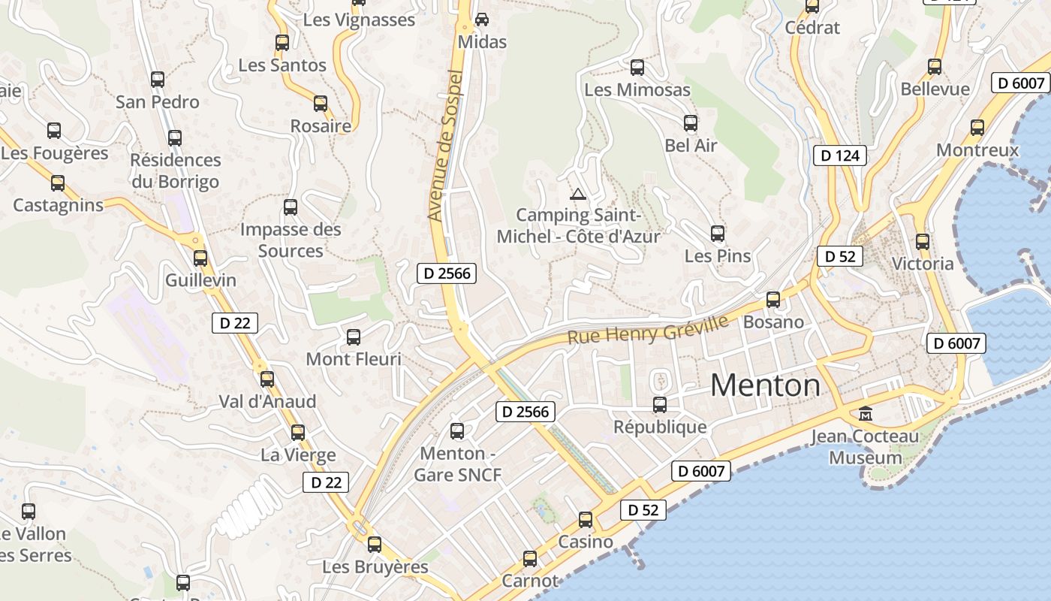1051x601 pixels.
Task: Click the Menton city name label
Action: point(765,385)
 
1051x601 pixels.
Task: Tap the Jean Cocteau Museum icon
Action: point(866,414)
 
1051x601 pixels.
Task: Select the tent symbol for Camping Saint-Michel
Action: point(577,195)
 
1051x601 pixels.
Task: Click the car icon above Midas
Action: point(482,19)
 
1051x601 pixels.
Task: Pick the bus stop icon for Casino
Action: point(586,520)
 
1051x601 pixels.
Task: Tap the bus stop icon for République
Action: point(660,405)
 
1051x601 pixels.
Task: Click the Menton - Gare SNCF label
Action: point(457,464)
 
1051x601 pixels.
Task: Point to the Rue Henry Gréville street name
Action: point(648,330)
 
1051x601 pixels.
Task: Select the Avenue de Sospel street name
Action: point(445,145)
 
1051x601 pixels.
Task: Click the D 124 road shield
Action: point(840,156)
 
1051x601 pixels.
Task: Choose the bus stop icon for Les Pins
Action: point(718,234)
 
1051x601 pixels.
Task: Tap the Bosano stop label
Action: point(773,322)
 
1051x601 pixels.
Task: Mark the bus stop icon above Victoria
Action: point(923,242)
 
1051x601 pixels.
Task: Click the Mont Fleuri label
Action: point(354,359)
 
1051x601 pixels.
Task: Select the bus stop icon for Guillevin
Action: point(200,258)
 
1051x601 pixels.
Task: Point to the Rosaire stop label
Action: point(321,125)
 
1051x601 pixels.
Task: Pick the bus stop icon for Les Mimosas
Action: point(637,68)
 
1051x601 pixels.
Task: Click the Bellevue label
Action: point(935,89)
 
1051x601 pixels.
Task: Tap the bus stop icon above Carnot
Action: point(530,559)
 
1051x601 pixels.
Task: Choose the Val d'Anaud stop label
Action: point(267,401)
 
